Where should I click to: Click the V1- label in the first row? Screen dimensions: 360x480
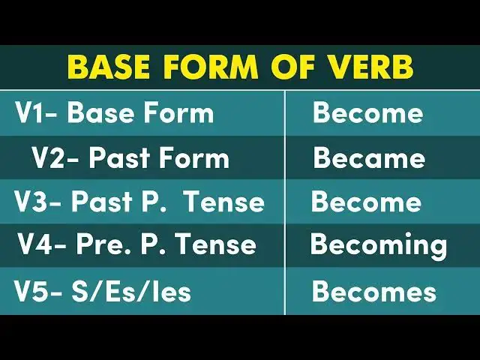37,113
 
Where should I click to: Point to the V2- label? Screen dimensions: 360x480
55,158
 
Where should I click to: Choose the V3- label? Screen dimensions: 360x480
38,202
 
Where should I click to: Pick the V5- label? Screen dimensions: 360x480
38,291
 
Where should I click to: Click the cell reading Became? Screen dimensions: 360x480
369,158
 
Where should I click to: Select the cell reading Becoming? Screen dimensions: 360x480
379,246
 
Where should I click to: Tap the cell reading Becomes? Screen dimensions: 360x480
373,291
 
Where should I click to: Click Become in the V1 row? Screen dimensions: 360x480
367,113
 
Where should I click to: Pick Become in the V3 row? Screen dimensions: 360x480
366,202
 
